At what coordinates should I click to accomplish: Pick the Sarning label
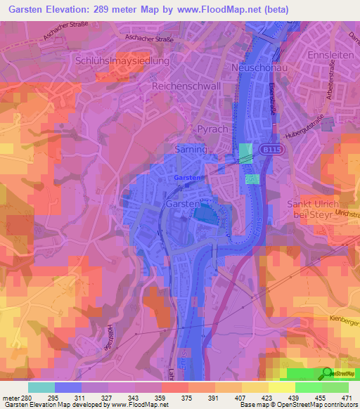pyautogui.click(x=190, y=150)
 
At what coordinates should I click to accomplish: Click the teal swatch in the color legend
pyautogui.click(x=41, y=388)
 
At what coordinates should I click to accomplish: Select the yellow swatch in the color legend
pyautogui.click(x=281, y=388)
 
